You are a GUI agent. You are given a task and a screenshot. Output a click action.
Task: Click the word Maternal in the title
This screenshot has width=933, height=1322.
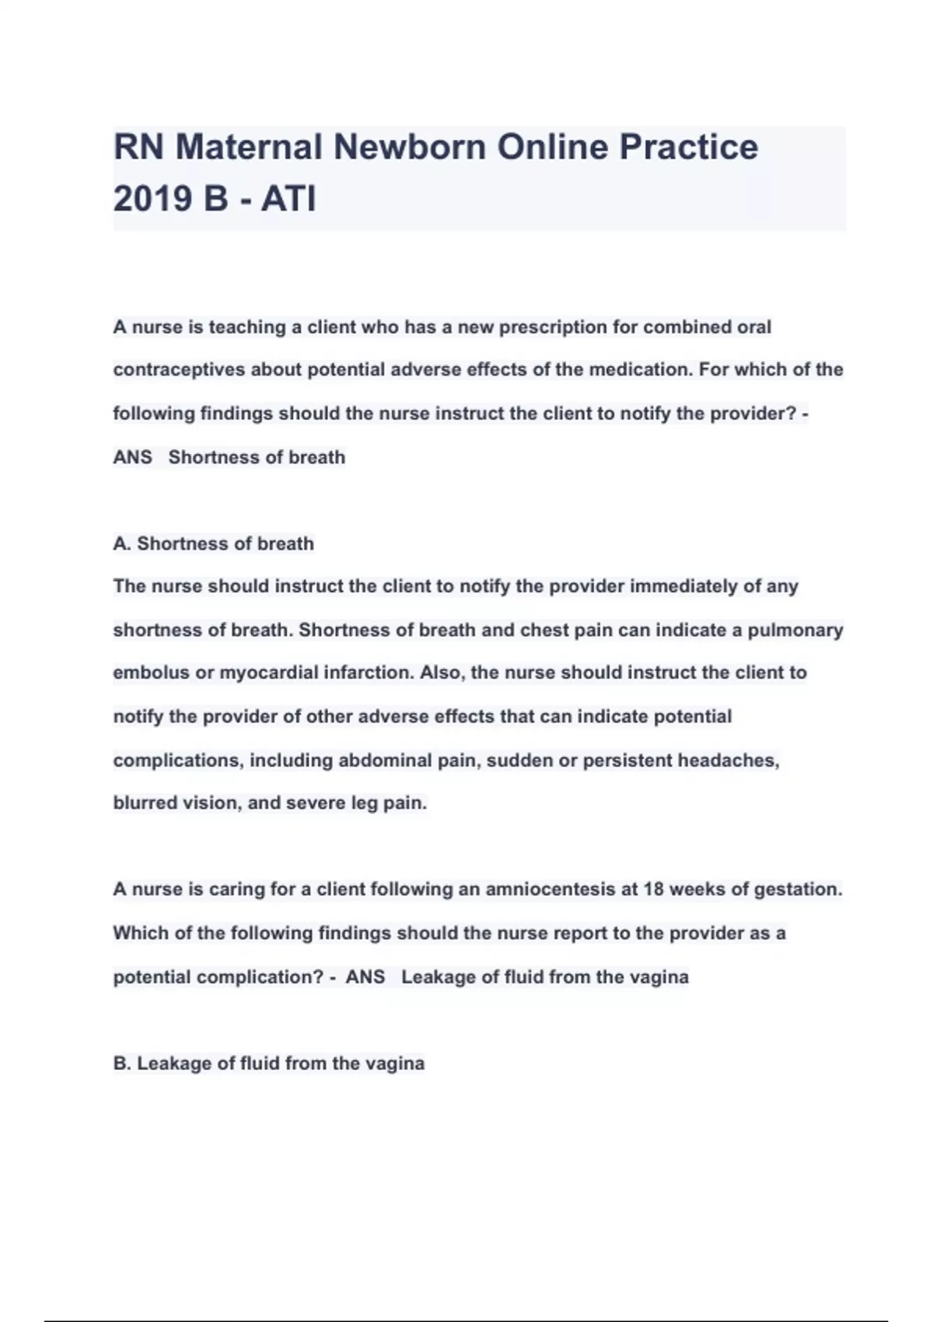tap(248, 147)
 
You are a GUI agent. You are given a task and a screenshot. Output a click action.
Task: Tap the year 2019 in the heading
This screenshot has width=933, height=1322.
tap(152, 198)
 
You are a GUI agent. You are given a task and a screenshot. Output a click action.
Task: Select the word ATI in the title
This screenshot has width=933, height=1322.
tap(288, 198)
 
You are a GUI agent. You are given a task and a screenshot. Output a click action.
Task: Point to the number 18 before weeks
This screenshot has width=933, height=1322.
tap(653, 890)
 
